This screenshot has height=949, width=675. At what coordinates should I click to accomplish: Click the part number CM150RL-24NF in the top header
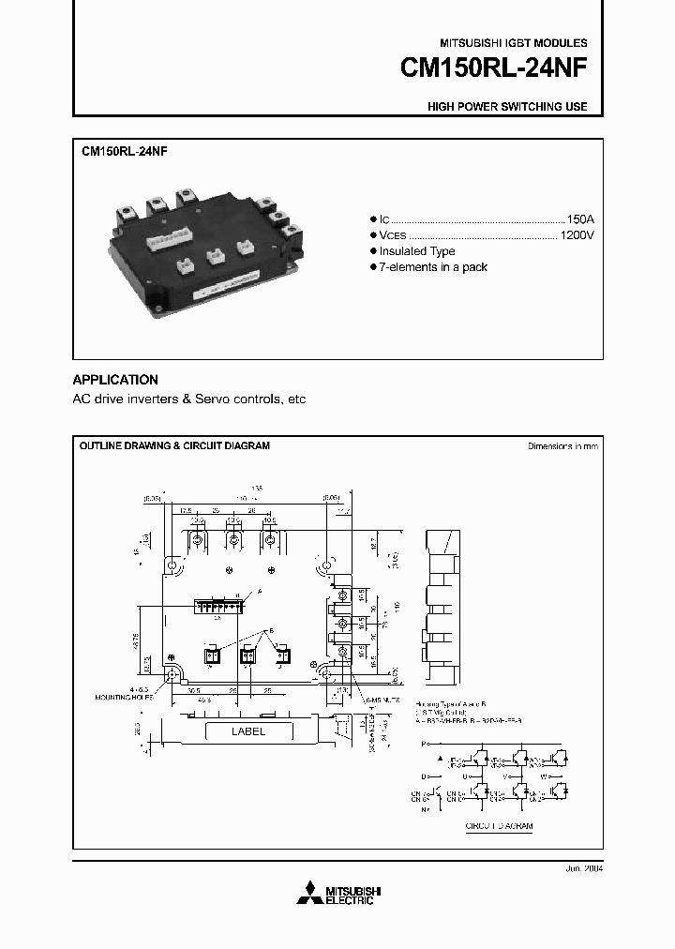pos(494,68)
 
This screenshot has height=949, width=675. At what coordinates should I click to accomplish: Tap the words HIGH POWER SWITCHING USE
pos(507,107)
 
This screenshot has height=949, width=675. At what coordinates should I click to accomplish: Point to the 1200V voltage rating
pos(577,234)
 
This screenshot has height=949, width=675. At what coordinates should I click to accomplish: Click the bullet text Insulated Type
pos(417,251)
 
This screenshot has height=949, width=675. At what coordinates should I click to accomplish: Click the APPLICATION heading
pos(115,380)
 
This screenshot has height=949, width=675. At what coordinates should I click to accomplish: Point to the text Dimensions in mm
pos(562,446)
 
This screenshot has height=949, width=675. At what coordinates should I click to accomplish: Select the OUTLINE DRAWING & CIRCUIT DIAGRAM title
pos(173,446)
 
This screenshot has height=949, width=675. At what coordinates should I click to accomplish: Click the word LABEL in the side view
pos(248,731)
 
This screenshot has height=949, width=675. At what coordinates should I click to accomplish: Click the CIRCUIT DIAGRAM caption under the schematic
pos(499,827)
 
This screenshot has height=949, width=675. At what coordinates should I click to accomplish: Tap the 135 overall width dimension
pos(255,488)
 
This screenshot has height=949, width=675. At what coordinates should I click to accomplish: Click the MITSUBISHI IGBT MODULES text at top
pos(514,43)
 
